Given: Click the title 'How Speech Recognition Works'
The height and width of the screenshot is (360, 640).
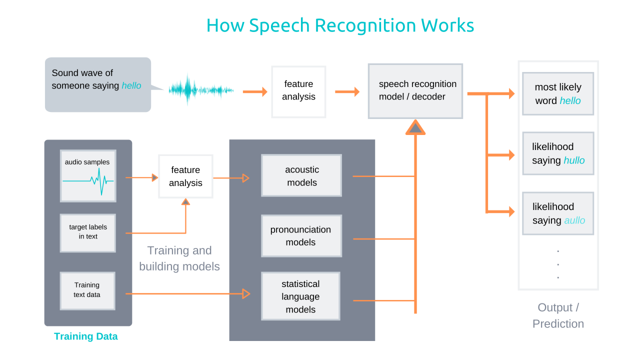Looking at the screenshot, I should tap(340, 25).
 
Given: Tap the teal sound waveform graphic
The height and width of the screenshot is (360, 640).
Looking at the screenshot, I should tap(200, 90).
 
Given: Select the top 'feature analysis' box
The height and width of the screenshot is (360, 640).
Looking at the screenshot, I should tap(298, 91).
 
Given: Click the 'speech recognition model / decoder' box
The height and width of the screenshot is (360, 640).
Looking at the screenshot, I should tap(415, 91).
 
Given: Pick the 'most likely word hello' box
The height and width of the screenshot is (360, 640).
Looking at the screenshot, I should tap(557, 94).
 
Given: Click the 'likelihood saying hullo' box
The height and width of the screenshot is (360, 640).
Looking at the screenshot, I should tap(557, 153).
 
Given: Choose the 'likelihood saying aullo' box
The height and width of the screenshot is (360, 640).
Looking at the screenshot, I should tap(557, 213).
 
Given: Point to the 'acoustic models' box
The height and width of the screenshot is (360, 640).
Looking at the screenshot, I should tap(301, 176).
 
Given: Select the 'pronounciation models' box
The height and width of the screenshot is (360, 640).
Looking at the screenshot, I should tap(301, 236).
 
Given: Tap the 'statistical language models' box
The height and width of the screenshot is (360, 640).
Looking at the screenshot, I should tap(300, 296).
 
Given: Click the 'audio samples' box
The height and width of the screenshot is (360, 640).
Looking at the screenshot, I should tap(88, 175).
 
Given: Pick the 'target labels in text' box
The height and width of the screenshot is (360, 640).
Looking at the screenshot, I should tap(88, 232).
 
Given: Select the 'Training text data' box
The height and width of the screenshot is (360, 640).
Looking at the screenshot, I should tap(87, 290).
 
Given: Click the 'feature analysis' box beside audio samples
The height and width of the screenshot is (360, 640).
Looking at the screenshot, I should tap(185, 176).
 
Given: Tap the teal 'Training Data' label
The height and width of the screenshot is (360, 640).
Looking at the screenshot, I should tap(86, 336).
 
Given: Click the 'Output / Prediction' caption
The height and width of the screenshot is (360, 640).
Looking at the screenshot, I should tap(558, 315).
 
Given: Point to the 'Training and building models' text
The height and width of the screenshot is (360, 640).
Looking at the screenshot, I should tap(179, 258).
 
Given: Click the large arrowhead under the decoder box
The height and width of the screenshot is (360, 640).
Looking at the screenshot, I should tap(415, 128).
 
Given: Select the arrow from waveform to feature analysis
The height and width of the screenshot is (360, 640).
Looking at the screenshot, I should tap(255, 91).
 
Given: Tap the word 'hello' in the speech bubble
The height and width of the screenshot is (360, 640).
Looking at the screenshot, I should tap(131, 86).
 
